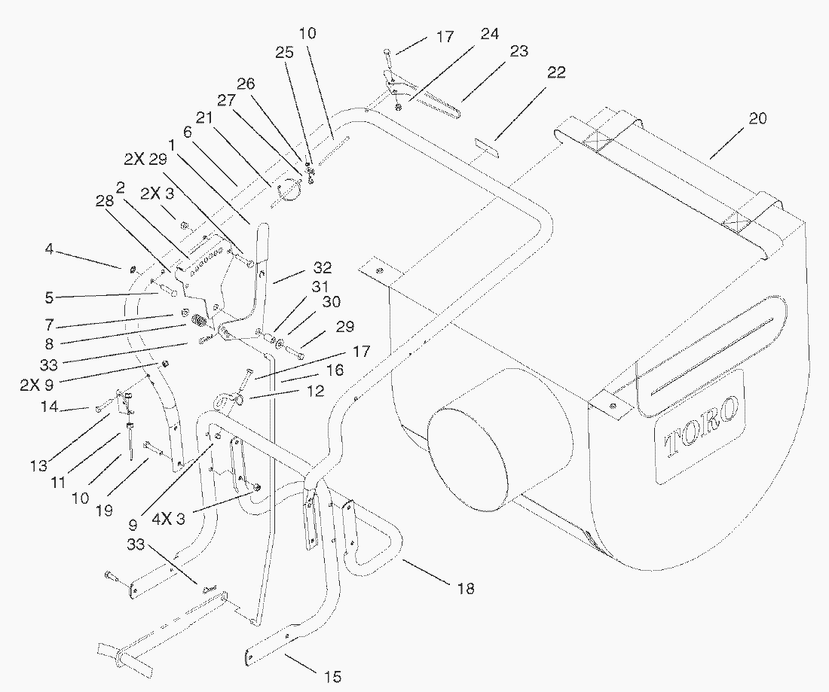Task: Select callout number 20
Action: click(757, 119)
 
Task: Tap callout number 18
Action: click(467, 588)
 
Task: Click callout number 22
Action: click(556, 72)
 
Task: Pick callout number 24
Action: click(489, 35)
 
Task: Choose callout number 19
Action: click(104, 510)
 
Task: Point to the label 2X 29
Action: click(145, 160)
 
